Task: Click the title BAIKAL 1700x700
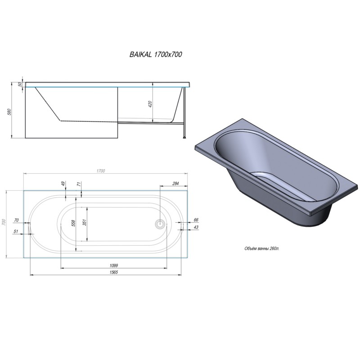(156, 54)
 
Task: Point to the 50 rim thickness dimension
(20, 84)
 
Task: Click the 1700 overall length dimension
(101, 171)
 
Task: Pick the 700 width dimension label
(4, 222)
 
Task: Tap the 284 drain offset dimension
(175, 183)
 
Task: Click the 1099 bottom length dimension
(114, 265)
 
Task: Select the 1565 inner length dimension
(114, 272)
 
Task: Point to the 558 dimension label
(73, 223)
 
